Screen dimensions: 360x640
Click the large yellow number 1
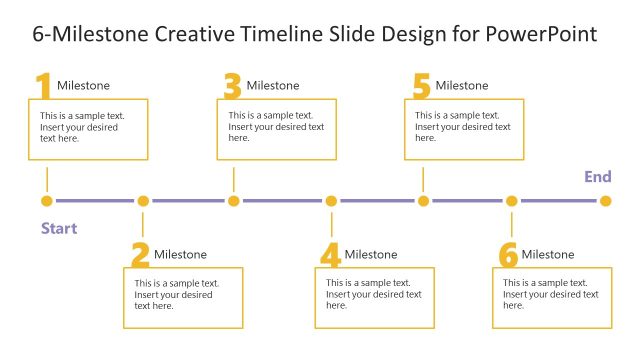coord(43,87)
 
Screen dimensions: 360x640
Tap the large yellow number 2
coord(140,256)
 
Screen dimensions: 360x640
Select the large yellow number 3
coord(232,87)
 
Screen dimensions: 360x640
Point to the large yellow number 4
coord(331,256)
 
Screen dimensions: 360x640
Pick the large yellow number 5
coord(421,87)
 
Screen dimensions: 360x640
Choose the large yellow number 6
coord(508,256)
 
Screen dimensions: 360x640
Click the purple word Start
coord(59,228)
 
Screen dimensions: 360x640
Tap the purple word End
coord(598,177)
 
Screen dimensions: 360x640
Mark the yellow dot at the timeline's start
coord(47,201)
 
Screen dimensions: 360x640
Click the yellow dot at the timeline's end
coord(605,201)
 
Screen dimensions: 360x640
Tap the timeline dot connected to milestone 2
coord(143,201)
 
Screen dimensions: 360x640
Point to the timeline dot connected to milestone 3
coord(234,201)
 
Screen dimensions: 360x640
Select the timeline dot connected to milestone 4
coord(331,201)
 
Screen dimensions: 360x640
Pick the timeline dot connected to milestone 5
coord(424,201)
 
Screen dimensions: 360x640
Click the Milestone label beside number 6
coord(548,255)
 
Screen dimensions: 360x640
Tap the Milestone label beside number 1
coord(84,86)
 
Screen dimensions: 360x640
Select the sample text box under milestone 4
coord(374,297)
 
